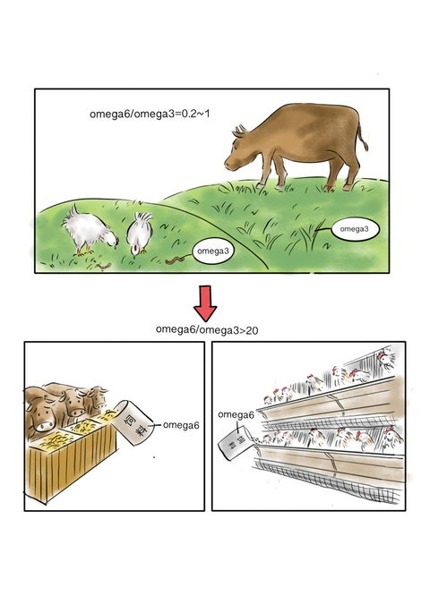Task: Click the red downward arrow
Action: [x=205, y=303]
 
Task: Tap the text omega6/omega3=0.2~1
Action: [x=150, y=114]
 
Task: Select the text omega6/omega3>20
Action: [x=207, y=330]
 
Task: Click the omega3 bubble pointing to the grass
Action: [x=355, y=229]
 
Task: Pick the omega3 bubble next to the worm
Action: [x=213, y=251]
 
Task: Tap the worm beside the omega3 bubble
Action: [x=176, y=260]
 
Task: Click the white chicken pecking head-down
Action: [x=139, y=233]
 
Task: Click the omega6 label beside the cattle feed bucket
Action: [x=181, y=425]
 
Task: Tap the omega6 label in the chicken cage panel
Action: [x=236, y=414]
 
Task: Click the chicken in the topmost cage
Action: [x=385, y=358]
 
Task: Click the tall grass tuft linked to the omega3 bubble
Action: [x=307, y=236]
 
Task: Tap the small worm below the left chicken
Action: [x=103, y=265]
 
